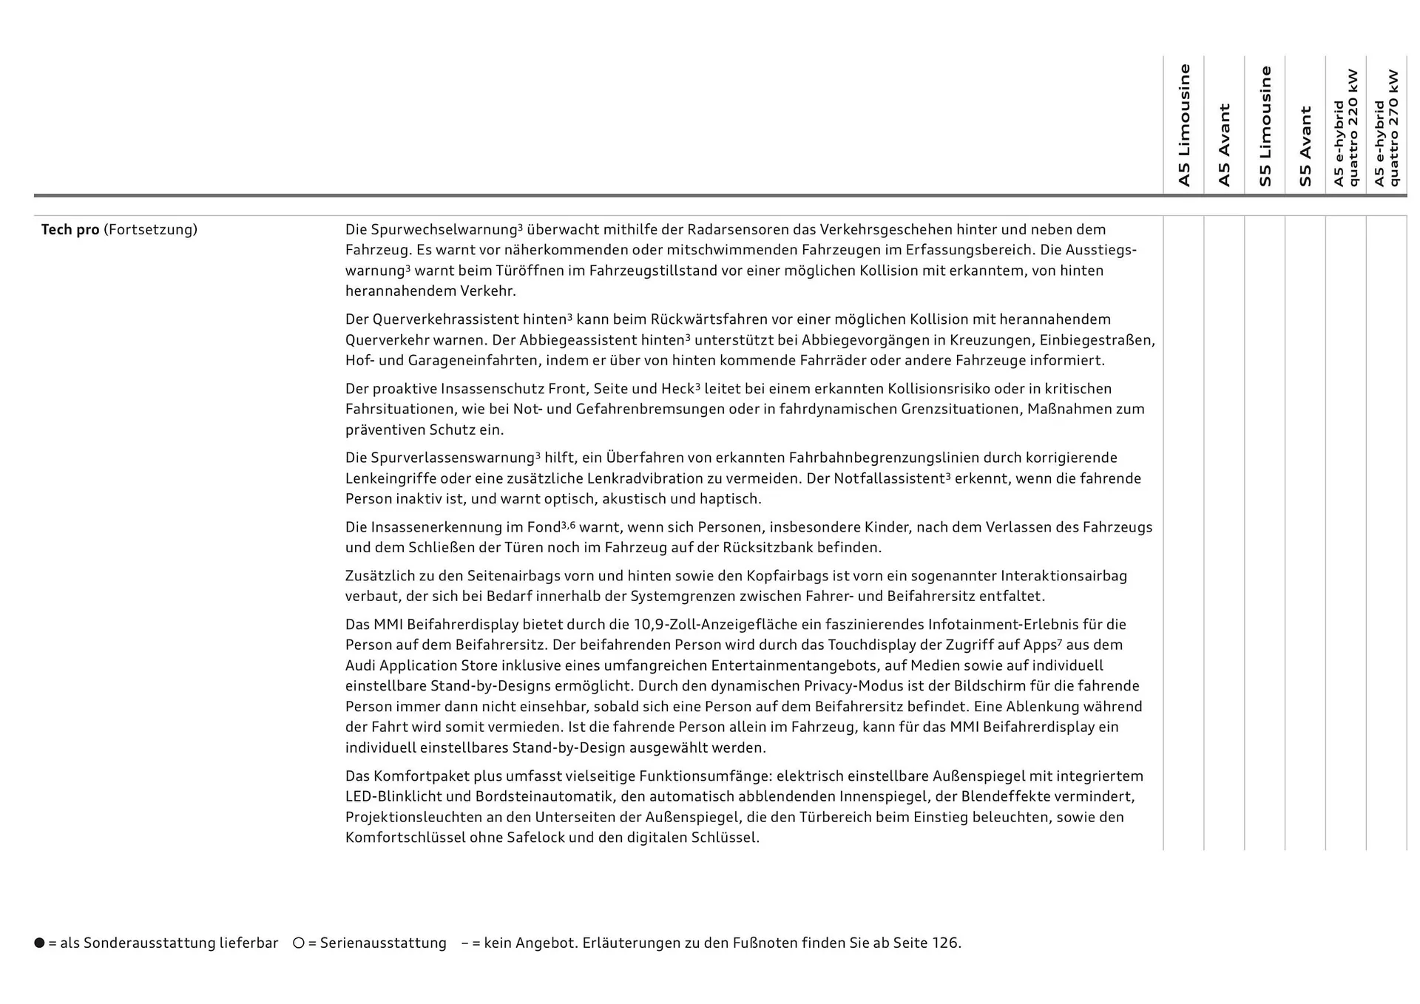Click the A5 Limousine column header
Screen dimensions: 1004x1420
[x=1184, y=126]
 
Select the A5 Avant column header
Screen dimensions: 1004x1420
[x=1224, y=145]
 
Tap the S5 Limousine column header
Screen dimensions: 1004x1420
[x=1265, y=126]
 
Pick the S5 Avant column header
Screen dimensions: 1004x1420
[x=1305, y=146]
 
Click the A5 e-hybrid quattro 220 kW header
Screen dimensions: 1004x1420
[x=1346, y=128]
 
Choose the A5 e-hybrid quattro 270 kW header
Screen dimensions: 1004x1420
[x=1387, y=128]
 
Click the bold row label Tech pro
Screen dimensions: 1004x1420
[x=70, y=230]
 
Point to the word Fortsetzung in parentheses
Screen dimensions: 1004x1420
[x=150, y=230]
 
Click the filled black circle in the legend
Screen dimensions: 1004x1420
[x=39, y=943]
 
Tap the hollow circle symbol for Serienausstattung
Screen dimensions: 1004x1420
[x=299, y=943]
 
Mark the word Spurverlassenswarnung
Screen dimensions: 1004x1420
[x=440, y=458]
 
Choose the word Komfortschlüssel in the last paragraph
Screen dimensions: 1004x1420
[x=405, y=838]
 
